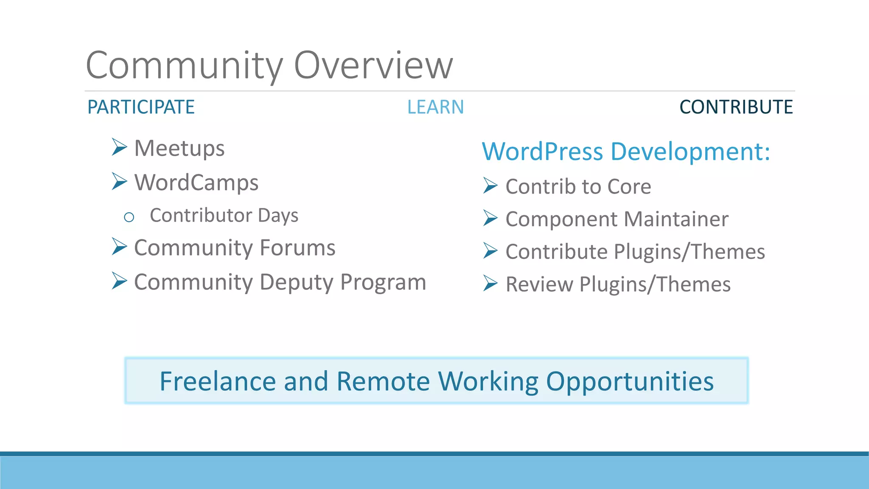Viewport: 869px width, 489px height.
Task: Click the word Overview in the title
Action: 373,66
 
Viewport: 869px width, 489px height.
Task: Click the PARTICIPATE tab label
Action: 141,107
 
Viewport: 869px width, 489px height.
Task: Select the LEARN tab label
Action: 435,107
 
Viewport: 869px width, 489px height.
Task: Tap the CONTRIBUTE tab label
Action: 736,107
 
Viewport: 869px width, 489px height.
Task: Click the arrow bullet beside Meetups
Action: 119,147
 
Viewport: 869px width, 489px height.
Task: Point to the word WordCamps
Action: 196,183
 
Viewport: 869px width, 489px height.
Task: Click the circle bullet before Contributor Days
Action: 129,217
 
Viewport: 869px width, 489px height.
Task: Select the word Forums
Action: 297,248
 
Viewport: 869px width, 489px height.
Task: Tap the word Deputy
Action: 297,283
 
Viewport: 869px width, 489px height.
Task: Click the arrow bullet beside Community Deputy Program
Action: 119,281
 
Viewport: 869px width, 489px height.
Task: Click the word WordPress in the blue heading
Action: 542,152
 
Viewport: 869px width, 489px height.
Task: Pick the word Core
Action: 629,187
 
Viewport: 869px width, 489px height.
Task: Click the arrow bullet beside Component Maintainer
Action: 490,218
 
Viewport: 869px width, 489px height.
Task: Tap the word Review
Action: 539,284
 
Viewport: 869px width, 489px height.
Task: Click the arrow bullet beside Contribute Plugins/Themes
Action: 490,250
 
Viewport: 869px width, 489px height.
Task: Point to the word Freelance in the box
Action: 218,381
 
